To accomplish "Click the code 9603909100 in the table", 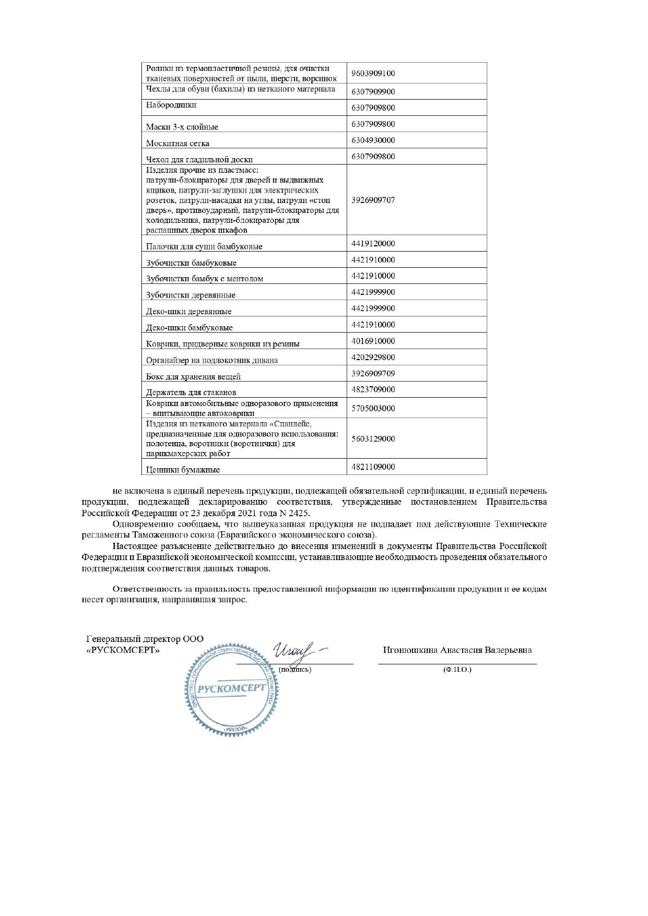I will pos(373,74).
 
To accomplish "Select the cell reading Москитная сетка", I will pos(178,144).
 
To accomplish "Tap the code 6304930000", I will pos(373,140).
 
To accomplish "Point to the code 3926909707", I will pos(373,200).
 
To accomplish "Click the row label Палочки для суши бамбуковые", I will pos(204,247).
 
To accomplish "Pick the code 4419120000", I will pos(373,244).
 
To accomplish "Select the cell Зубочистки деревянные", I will pos(191,295).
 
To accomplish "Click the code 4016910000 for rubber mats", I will pos(373,341).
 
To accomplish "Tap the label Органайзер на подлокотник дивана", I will pos(211,361).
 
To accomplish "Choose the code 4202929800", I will pos(373,358).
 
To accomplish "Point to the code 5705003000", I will pos(373,409).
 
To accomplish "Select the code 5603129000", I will pos(373,439).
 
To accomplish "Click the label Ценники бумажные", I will pos(183,470).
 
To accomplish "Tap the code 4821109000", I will pos(373,467).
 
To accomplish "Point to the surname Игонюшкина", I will pos(410,650).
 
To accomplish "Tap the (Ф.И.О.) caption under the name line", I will pos(457,670).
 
